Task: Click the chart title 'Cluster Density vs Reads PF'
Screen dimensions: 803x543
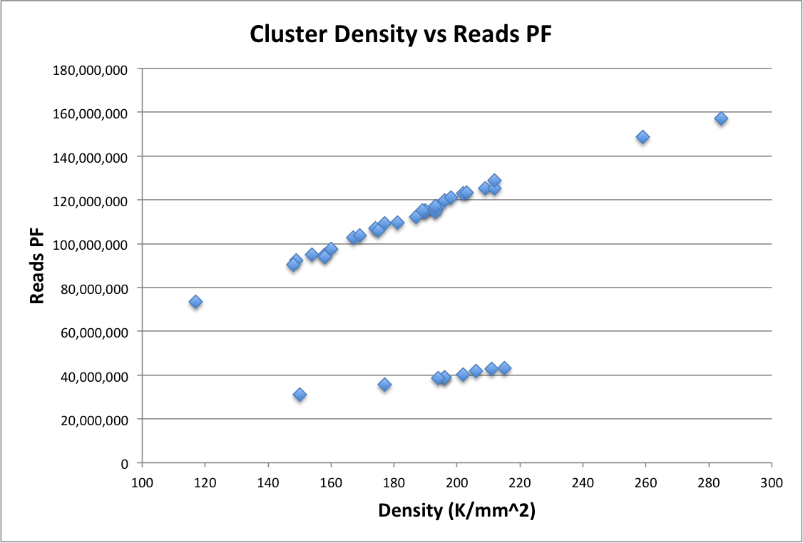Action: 401,34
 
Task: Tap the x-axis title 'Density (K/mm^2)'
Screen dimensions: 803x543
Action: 457,511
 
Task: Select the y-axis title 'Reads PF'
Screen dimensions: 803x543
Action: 37,266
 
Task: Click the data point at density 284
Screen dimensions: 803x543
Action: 721,119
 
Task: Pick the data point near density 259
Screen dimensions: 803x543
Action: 643,137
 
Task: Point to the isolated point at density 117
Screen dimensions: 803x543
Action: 195,302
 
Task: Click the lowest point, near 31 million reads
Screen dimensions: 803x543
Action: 300,395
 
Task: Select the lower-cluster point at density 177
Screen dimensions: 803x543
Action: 384,385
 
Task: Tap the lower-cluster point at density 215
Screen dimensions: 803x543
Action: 504,368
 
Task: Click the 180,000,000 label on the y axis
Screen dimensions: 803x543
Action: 90,70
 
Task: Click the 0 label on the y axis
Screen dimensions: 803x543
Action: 124,464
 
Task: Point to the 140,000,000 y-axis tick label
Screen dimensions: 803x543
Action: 90,158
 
